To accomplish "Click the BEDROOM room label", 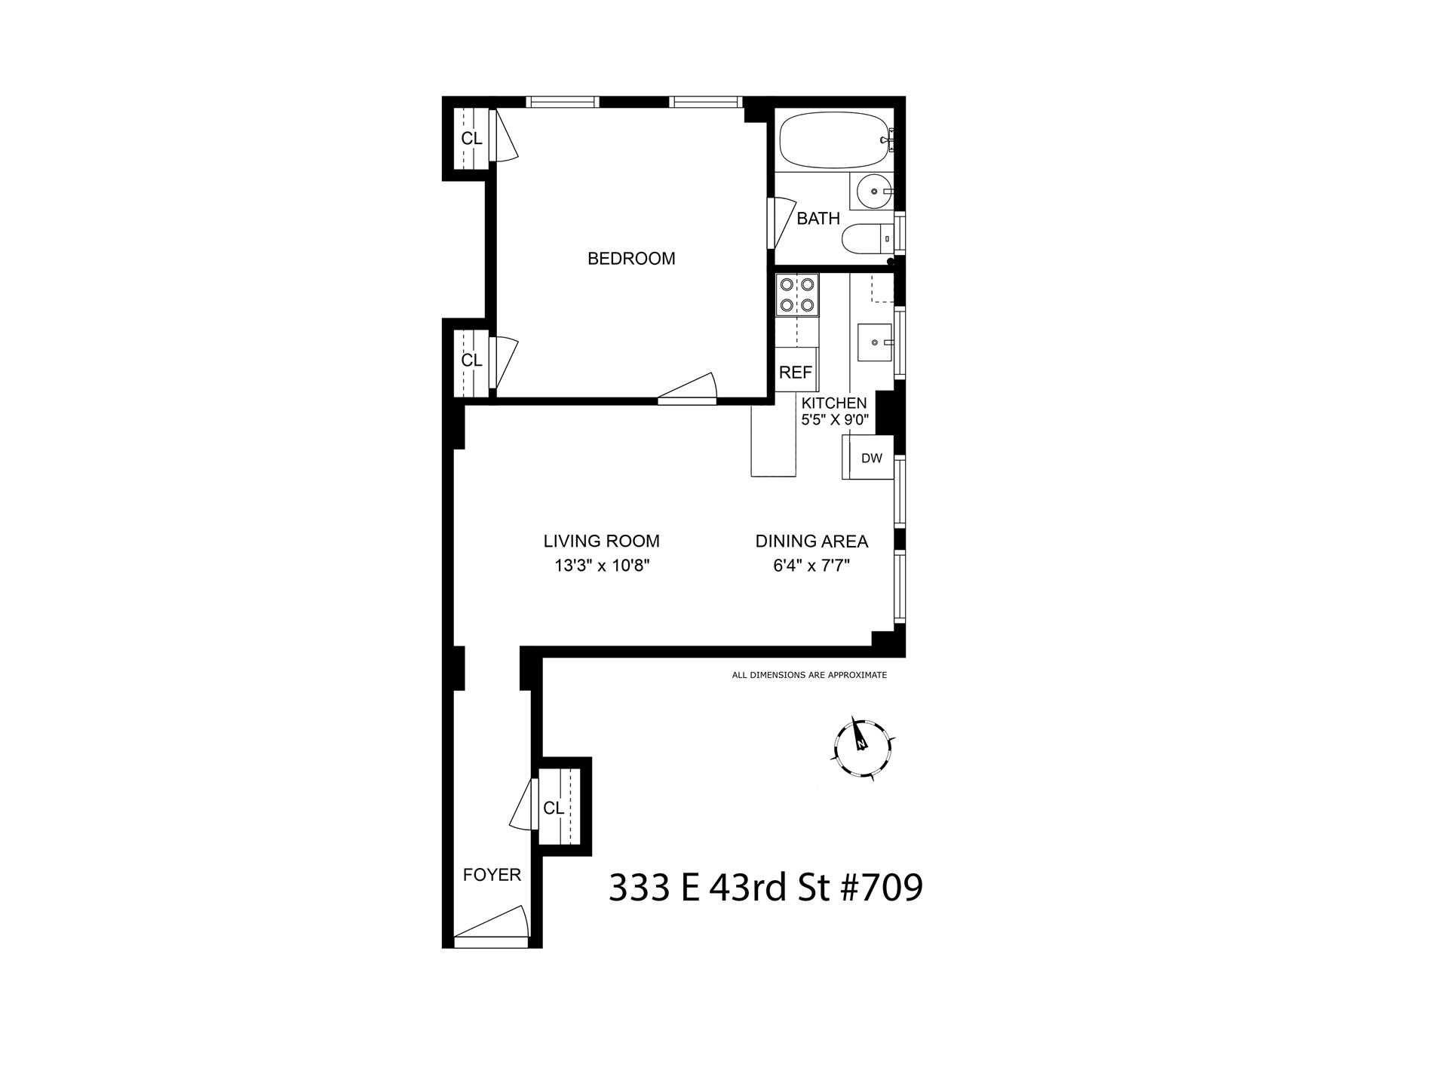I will pyautogui.click(x=631, y=259).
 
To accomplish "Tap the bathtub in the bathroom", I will pyautogui.click(x=834, y=140).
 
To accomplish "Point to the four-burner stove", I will pyautogui.click(x=797, y=295).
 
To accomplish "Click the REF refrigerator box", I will pyautogui.click(x=796, y=372).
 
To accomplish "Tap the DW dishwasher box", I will pyautogui.click(x=871, y=458).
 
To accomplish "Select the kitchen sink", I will pyautogui.click(x=875, y=342).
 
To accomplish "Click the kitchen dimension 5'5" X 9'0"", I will pyautogui.click(x=835, y=420).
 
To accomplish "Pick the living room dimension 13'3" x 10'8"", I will pyautogui.click(x=602, y=566).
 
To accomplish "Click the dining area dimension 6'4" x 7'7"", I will pyautogui.click(x=811, y=566).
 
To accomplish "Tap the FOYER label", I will pyautogui.click(x=492, y=875).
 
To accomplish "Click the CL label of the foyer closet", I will pyautogui.click(x=554, y=808).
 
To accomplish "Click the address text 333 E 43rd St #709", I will pyautogui.click(x=765, y=888).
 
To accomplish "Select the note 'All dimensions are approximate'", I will pyautogui.click(x=809, y=675).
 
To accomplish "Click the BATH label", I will pyautogui.click(x=818, y=219).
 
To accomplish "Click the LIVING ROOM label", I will pyautogui.click(x=602, y=541).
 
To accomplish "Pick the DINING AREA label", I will pyautogui.click(x=811, y=541).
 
